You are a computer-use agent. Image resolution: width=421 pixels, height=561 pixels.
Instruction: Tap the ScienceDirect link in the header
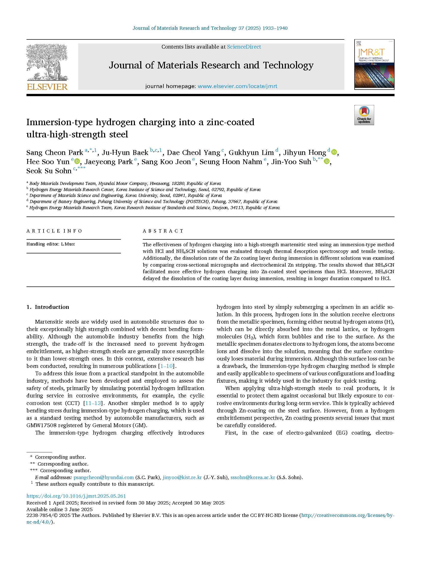tap(244, 47)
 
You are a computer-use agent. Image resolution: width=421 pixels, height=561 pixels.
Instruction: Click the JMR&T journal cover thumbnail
tap(374, 64)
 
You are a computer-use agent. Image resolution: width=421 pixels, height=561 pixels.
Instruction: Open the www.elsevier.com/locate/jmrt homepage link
tap(237, 86)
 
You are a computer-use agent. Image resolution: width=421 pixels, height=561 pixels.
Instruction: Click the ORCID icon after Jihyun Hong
tap(334, 152)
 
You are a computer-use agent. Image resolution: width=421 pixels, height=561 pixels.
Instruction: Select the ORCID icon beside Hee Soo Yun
tap(77, 161)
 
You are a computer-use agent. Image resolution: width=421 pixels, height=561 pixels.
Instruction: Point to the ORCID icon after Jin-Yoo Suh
tap(327, 161)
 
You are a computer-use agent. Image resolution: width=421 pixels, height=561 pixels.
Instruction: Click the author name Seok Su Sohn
tap(49, 171)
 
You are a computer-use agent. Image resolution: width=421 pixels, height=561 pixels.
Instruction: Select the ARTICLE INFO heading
tap(54, 231)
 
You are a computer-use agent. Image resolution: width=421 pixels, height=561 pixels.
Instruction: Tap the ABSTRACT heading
tap(163, 231)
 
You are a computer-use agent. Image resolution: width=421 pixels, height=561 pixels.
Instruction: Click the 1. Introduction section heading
tap(48, 307)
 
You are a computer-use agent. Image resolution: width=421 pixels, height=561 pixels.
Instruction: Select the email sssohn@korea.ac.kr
tap(253, 477)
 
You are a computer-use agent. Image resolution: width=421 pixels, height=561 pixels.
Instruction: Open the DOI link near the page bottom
tap(76, 496)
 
